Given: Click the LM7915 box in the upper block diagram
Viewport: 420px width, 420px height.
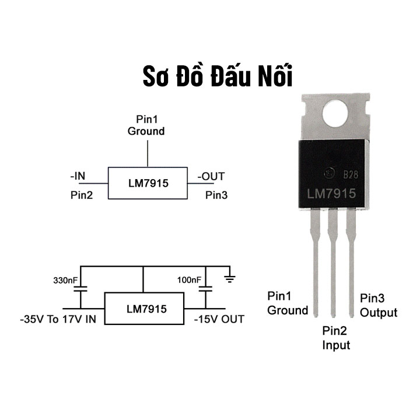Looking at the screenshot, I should (148, 183).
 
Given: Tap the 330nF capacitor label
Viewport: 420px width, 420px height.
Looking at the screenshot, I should (65, 281).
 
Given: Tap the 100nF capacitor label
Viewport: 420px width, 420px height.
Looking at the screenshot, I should (190, 281).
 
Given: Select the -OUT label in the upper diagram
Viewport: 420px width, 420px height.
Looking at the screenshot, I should (210, 176).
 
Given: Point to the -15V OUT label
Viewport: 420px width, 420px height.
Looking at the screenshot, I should (219, 320).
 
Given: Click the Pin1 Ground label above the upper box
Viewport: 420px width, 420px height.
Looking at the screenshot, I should (146, 125).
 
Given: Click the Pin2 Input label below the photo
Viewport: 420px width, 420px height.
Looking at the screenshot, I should (337, 338).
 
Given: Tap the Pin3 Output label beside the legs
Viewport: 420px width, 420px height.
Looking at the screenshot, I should (378, 305).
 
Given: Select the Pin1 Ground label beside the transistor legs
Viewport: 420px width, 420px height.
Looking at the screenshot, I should (288, 303).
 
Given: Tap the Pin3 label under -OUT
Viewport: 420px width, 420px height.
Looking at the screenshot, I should (216, 195).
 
